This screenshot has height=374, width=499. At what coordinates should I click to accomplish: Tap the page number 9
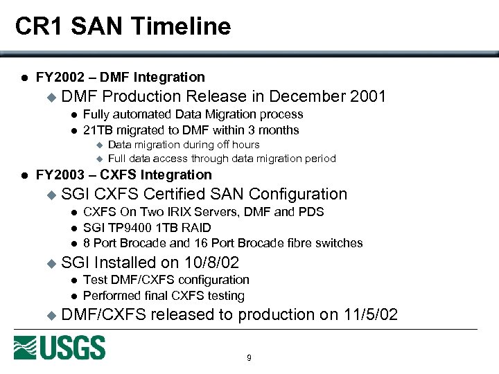pos(249,358)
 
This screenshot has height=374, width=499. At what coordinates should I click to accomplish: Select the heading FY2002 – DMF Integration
pos(120,77)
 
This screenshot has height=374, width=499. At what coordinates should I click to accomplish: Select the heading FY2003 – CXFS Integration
pos(123,175)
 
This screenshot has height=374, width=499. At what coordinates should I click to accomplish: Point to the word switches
pos(339,243)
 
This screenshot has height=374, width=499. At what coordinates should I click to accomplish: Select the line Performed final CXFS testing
pos(164,296)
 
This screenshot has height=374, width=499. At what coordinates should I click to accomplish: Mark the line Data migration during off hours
pos(184,145)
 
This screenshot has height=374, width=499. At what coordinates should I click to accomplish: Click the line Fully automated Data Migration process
pos(193,114)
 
